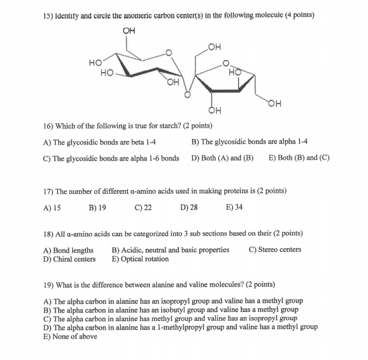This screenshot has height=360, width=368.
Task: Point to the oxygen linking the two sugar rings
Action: click(187, 95)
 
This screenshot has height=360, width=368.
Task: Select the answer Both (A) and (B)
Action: click(222, 158)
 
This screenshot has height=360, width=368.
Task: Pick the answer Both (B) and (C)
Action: click(299, 158)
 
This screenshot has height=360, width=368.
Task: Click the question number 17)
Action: click(47, 191)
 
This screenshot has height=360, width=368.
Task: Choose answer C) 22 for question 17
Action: click(144, 207)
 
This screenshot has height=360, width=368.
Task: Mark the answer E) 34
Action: click(234, 207)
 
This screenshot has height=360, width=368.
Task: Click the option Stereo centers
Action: click(275, 250)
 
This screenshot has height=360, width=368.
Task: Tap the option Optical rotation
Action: click(140, 259)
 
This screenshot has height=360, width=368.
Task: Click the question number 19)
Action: click(47, 285)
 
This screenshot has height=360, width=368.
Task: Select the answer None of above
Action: click(70, 337)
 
